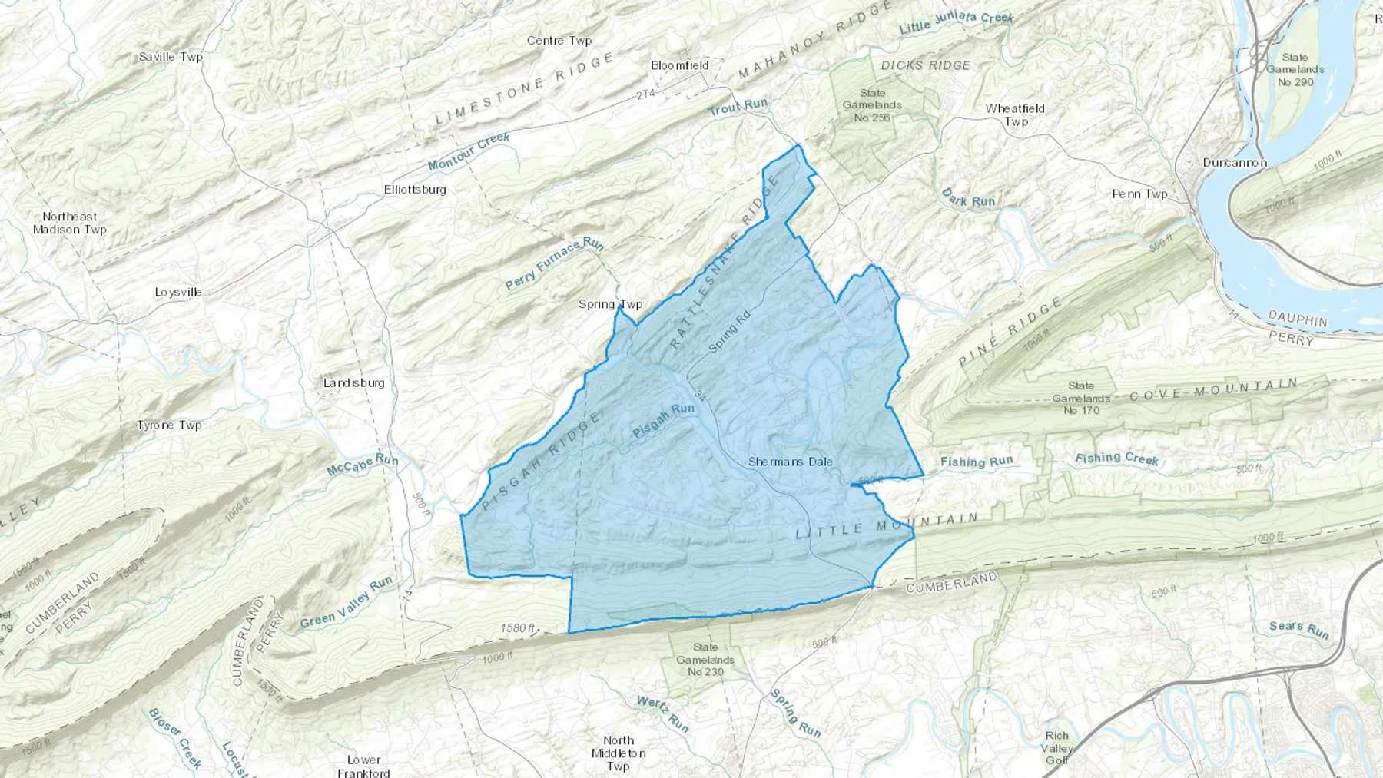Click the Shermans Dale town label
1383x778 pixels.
790,462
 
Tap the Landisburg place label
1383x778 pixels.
353,382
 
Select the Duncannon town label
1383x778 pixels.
1234,163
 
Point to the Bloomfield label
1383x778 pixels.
679,65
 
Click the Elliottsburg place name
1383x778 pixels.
415,189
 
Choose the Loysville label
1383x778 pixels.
178,292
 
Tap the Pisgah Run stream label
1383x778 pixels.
663,421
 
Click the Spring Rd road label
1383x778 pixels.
728,331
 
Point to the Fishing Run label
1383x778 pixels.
977,462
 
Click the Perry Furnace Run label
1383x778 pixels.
554,263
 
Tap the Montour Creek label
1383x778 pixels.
469,151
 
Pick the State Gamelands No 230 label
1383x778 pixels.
705,659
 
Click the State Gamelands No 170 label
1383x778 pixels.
1080,398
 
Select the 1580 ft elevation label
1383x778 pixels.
517,628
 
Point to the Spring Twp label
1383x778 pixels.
610,304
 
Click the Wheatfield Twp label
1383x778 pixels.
1015,114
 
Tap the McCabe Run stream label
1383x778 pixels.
362,464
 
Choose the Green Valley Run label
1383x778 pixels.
346,601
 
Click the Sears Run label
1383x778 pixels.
1298,629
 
